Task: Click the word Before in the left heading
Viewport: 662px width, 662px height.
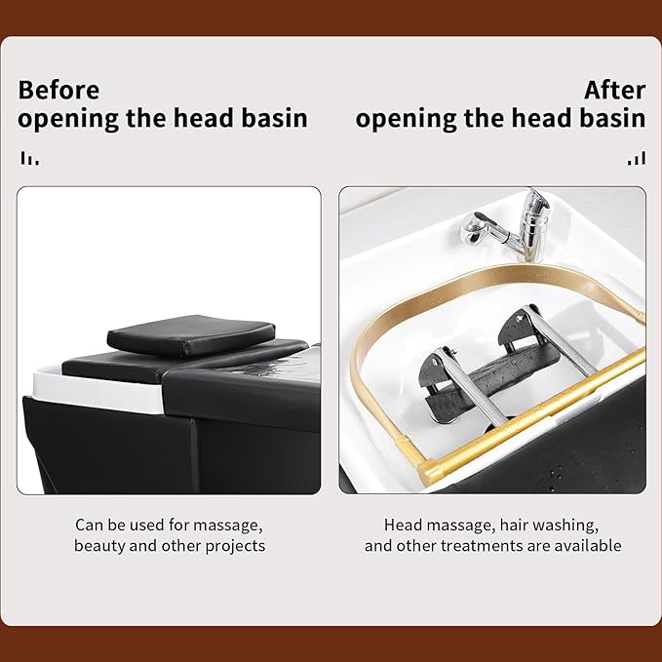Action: tap(58, 91)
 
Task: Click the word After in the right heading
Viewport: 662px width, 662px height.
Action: tap(614, 91)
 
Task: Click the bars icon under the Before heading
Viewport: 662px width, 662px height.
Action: tap(30, 158)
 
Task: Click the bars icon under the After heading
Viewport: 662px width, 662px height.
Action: tap(636, 158)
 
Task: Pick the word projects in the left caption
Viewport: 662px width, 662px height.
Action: tap(234, 545)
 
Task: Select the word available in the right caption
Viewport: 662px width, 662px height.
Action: tap(589, 545)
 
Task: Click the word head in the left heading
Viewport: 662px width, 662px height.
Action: tap(192, 119)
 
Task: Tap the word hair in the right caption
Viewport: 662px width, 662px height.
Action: tap(513, 525)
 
